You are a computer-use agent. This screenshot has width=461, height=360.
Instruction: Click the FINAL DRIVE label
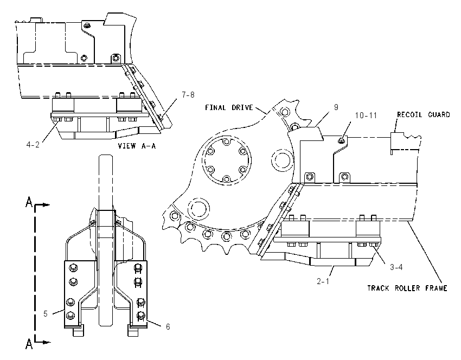coord(229,107)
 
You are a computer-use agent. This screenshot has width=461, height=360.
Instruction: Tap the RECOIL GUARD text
coord(424,114)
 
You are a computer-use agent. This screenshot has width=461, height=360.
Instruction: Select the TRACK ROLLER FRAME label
coord(407,288)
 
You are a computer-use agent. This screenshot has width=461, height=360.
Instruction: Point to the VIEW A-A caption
coord(137,146)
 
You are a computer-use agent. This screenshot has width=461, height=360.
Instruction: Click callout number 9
coord(336,107)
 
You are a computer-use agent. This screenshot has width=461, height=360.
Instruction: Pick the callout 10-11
coord(366,115)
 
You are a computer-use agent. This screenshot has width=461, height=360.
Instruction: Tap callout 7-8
coord(188,95)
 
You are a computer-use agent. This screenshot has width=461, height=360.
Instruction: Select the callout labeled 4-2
coord(33,145)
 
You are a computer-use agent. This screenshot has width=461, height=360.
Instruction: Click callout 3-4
coord(396,267)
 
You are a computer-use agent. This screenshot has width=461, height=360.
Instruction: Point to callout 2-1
coord(323,281)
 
